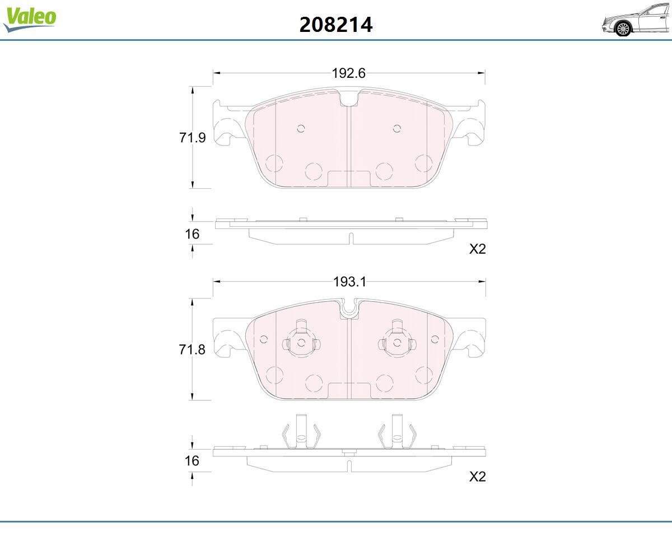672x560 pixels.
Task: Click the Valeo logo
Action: tap(30, 19)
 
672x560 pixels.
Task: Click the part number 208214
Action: tap(336, 25)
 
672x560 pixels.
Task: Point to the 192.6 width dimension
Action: tap(348, 73)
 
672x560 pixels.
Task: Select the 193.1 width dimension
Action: tap(349, 282)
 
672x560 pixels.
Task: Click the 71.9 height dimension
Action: tap(193, 138)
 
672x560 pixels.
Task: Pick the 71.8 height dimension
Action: tap(192, 349)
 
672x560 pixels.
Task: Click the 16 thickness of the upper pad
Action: tap(192, 234)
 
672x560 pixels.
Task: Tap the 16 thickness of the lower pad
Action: tap(192, 461)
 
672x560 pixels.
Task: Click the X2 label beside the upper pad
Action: tap(477, 249)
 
